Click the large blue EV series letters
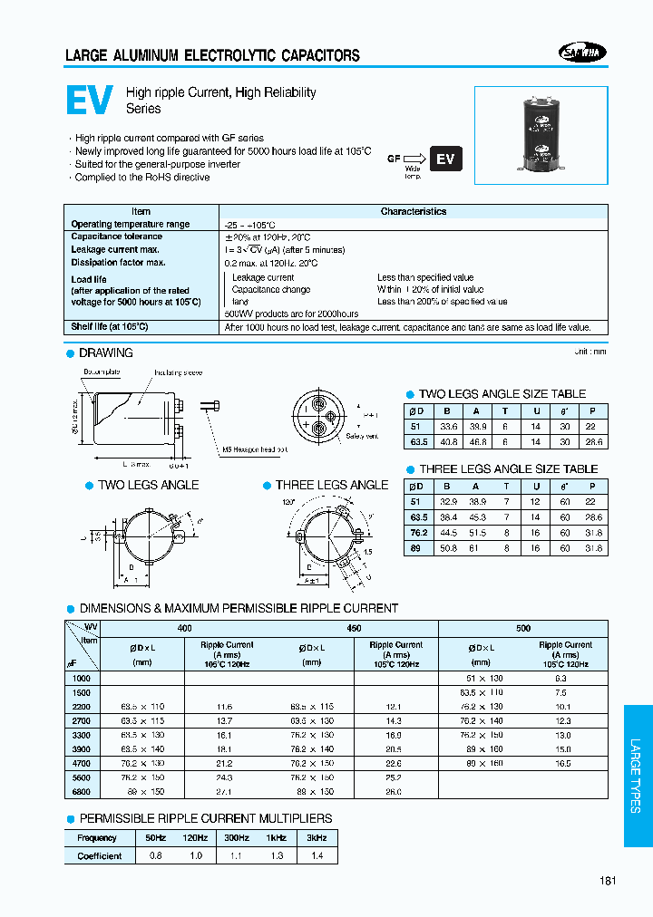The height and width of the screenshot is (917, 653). (90, 101)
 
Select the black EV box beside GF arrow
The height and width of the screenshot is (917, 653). (445, 159)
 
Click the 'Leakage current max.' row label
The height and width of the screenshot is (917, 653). (115, 249)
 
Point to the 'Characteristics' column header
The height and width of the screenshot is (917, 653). (414, 211)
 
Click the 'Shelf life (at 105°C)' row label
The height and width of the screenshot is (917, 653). (110, 326)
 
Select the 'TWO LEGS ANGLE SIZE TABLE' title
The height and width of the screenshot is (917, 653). (502, 394)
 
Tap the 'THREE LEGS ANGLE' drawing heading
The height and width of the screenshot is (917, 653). (332, 485)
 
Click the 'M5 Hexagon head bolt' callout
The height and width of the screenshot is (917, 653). (255, 449)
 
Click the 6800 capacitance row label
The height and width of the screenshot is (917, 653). (81, 791)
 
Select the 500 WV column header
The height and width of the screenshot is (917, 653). (523, 627)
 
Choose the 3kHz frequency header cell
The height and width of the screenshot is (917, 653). (317, 838)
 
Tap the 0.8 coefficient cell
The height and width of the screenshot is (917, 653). (156, 855)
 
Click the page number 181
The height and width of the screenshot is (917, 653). (608, 881)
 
